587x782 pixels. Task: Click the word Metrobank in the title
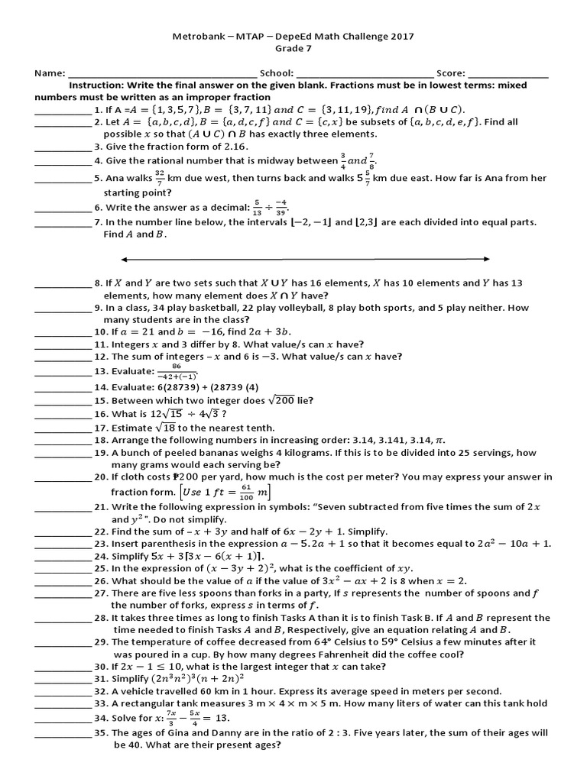coord(195,36)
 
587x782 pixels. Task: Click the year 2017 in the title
coord(401,36)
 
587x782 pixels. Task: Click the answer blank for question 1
coord(63,111)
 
